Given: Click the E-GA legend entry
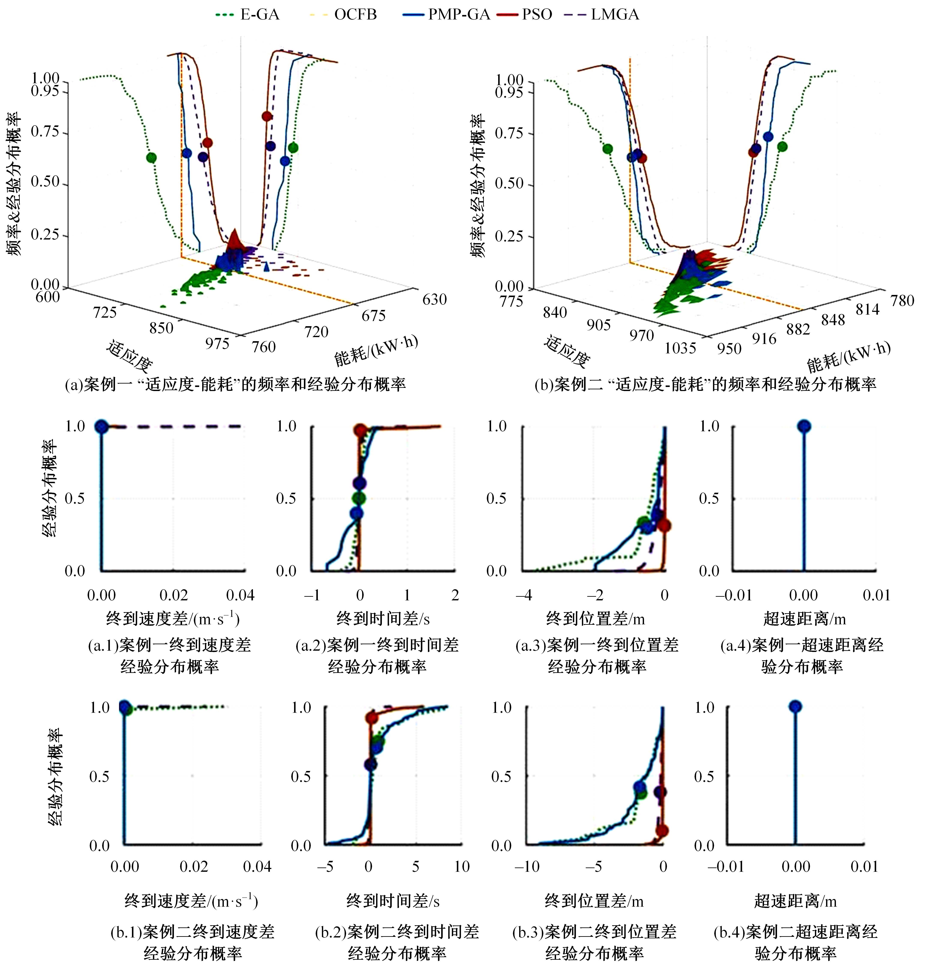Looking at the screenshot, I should (248, 14).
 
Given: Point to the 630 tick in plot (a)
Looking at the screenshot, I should (434, 299).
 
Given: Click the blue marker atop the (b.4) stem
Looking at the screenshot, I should (795, 707).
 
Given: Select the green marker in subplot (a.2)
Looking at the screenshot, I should (359, 497).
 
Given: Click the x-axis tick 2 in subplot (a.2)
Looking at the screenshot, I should (455, 595).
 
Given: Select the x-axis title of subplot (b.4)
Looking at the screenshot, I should (795, 901).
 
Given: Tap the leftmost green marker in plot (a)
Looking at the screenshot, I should (152, 157).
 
